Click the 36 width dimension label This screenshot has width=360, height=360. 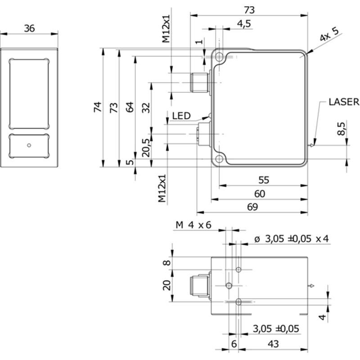point(29,28)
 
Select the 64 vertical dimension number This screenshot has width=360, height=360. point(130,107)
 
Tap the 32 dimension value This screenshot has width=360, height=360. point(146,107)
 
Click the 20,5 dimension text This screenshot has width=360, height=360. point(146,147)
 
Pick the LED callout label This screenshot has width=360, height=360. point(181,116)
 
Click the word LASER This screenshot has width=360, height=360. point(344,102)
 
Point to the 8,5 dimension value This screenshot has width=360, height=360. point(342,129)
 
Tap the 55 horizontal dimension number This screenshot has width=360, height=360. point(264,180)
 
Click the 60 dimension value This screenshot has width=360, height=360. point(260,193)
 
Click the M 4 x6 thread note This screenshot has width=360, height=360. point(193,225)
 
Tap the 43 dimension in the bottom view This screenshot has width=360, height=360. point(273,344)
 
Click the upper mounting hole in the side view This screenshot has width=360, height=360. point(220,58)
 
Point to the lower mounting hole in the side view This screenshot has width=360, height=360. point(220,159)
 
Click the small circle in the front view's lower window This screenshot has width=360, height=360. point(29,145)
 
